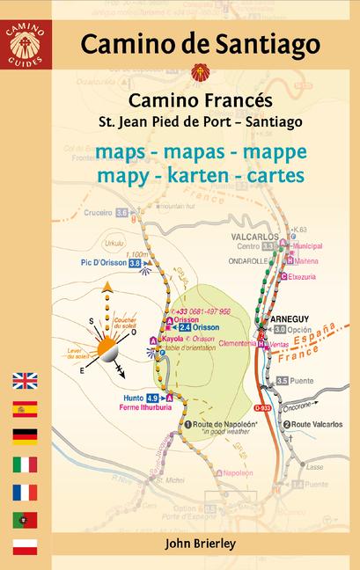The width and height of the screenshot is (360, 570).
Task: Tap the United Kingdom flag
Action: click(25, 381)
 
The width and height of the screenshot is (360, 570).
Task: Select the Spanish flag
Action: click(25, 408)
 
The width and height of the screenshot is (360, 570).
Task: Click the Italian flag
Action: click(25, 464)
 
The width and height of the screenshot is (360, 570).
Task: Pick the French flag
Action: click(25, 492)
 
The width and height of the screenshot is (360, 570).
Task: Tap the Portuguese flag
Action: click(25, 519)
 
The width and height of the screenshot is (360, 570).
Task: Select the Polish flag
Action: click(25, 547)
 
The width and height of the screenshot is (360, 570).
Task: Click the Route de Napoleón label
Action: click(224, 425)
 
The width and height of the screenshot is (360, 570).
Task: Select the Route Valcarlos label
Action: click(318, 425)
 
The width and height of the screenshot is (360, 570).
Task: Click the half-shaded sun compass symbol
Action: click(107, 328)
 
